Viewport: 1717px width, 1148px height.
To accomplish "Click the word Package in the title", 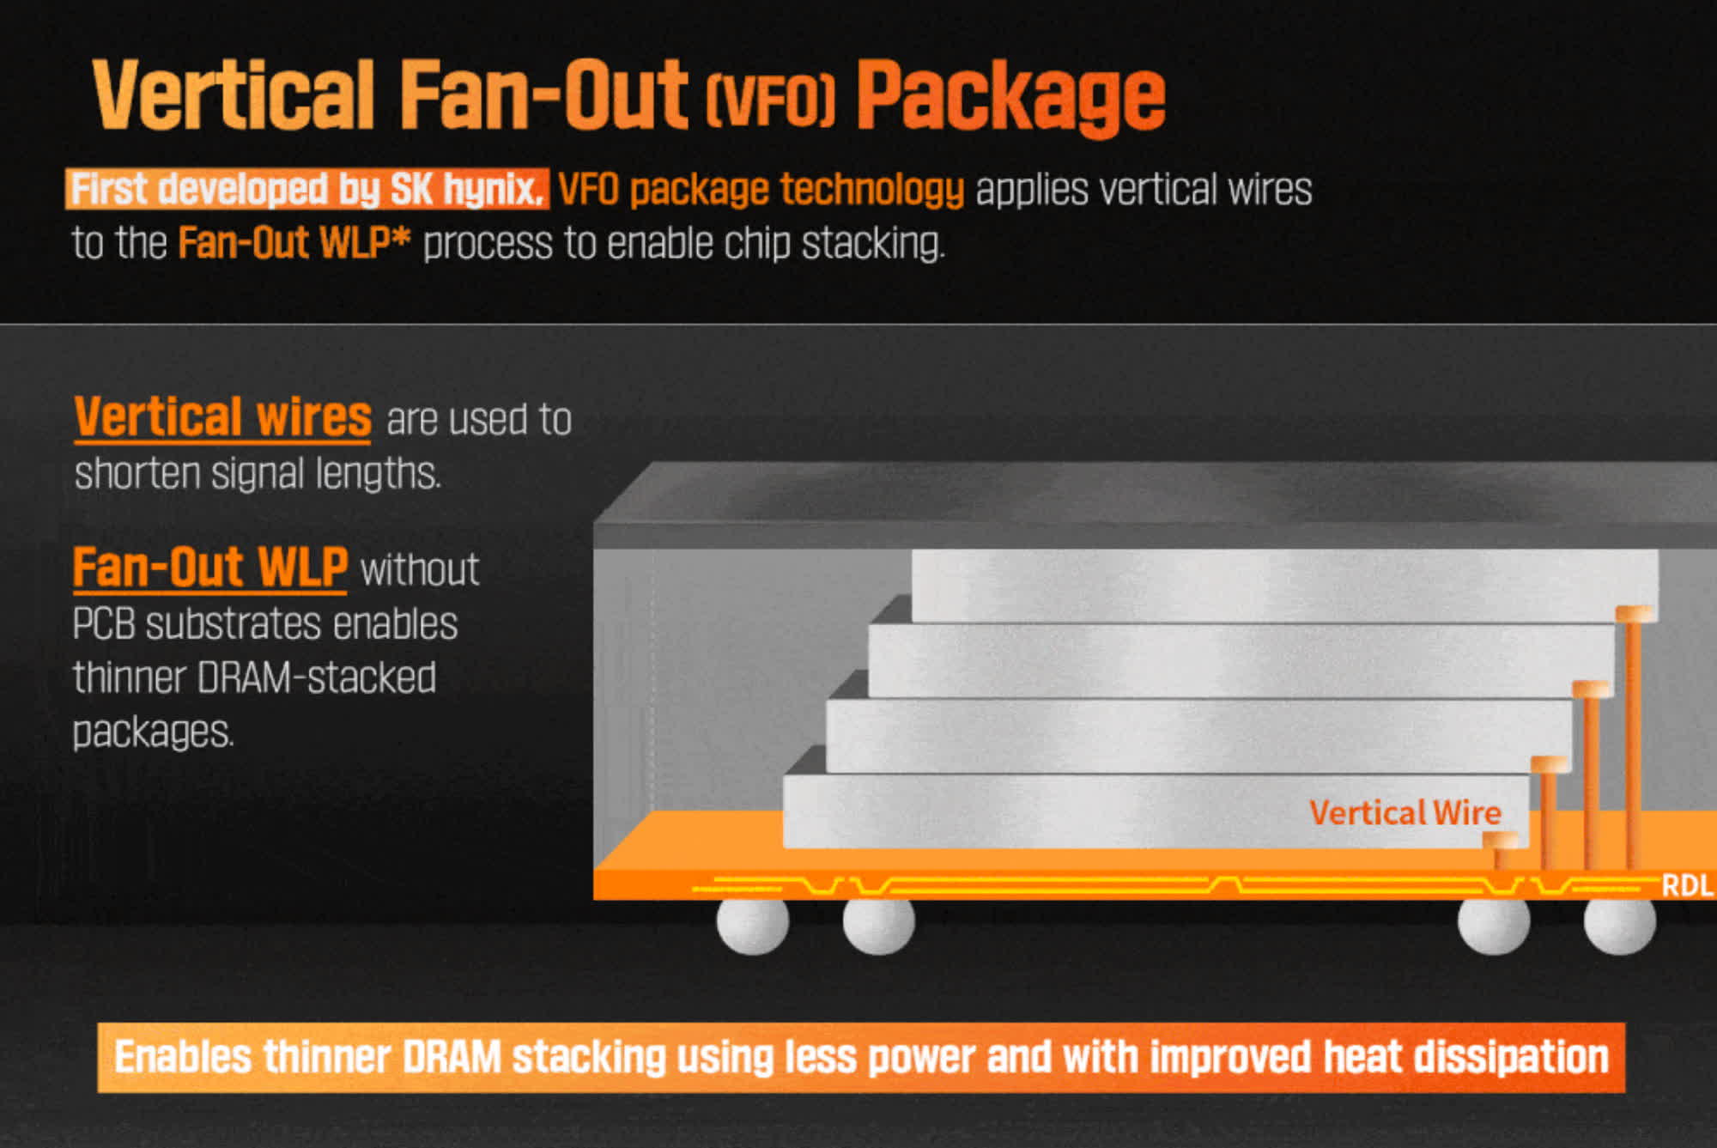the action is (x=1011, y=97).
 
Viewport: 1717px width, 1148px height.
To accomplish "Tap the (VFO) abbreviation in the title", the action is (x=770, y=101).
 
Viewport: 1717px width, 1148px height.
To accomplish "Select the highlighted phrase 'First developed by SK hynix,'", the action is (x=307, y=189).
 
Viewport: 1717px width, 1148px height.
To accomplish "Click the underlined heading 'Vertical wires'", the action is (x=222, y=417).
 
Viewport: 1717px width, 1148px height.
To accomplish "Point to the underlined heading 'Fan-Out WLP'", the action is (x=210, y=568).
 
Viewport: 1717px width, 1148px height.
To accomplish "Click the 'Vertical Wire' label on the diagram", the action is (x=1405, y=812).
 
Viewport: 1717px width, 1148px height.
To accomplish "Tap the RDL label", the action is (x=1687, y=885).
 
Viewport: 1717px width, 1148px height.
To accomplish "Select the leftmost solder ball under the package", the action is (x=753, y=925).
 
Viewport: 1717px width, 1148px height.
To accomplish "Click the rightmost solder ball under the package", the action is (x=1620, y=925).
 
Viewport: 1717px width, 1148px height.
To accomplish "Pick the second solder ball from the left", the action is (x=879, y=925).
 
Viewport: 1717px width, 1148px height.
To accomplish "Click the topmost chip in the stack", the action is (x=1285, y=586).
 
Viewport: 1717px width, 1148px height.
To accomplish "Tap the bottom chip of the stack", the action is (x=1156, y=811).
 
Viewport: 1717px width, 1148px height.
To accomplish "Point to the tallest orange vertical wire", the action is (x=1634, y=738).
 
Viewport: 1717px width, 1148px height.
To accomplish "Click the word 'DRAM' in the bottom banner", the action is (x=452, y=1057).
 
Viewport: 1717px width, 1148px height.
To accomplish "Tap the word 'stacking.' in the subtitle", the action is (x=873, y=244).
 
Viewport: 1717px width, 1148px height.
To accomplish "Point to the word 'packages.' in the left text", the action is (x=154, y=732).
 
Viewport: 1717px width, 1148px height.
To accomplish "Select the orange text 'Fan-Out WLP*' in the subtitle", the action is (x=294, y=243).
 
